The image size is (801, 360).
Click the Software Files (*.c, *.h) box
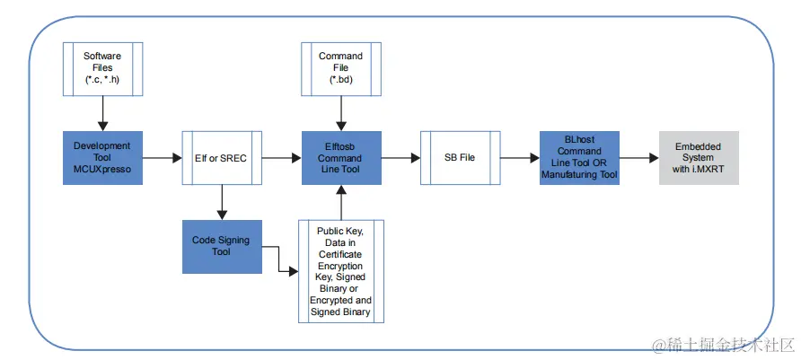coord(102,67)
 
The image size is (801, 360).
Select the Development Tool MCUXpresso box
coord(102,158)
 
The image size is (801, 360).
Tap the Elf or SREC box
coord(222,158)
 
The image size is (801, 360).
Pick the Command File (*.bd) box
coord(340,67)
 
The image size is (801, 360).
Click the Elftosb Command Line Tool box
coord(340,158)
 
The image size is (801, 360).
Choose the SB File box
coord(460,158)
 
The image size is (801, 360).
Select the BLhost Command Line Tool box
coord(579,158)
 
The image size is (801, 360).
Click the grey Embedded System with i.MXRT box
coord(699,158)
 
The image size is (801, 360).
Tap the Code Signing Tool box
coord(222,247)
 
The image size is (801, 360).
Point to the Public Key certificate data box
coord(340,270)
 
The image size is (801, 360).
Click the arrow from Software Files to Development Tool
coord(102,113)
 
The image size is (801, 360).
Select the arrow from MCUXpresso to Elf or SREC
coord(162,158)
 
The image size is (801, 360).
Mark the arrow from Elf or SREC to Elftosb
coord(281,158)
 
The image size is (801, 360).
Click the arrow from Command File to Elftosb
coord(340,113)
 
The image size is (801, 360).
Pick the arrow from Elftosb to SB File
coord(400,158)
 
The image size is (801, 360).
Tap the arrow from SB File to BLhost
coord(519,158)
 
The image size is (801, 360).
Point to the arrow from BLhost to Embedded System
coord(638,158)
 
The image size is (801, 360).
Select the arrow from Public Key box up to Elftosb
coord(340,202)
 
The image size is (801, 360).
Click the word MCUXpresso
coord(102,170)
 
